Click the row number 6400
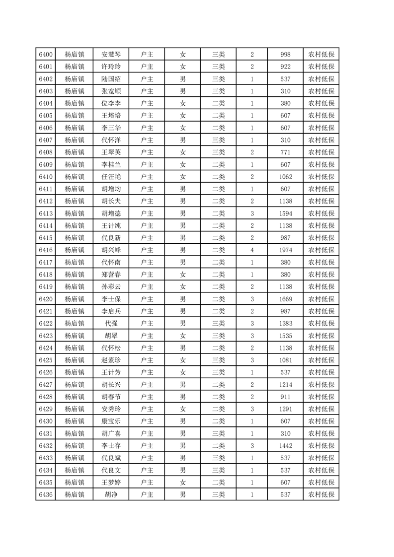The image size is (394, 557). pyautogui.click(x=45, y=55)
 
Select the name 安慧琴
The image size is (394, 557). pyautogui.click(x=111, y=55)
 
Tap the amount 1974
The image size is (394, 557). pyautogui.click(x=285, y=250)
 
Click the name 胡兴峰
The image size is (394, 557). pyautogui.click(x=111, y=250)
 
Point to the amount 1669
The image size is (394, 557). pyautogui.click(x=285, y=299)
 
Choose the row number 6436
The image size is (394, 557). pyautogui.click(x=45, y=494)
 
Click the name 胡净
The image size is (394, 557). pyautogui.click(x=111, y=494)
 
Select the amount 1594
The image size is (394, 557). pyautogui.click(x=285, y=213)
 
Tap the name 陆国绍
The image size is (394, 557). pyautogui.click(x=111, y=79)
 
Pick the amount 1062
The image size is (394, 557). pyautogui.click(x=285, y=177)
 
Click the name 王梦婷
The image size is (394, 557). pyautogui.click(x=111, y=482)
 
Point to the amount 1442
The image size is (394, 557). pyautogui.click(x=285, y=445)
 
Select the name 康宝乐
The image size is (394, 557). pyautogui.click(x=111, y=421)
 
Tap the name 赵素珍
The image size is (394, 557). pyautogui.click(x=111, y=360)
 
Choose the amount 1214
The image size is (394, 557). pyautogui.click(x=285, y=384)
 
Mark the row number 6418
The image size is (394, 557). pyautogui.click(x=45, y=275)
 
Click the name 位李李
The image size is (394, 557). pyautogui.click(x=111, y=103)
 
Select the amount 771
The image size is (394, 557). pyautogui.click(x=285, y=152)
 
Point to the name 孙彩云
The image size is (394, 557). pyautogui.click(x=111, y=286)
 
